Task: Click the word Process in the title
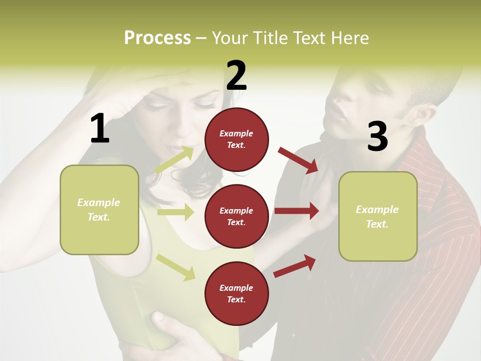[x=157, y=38]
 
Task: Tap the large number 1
[x=100, y=128]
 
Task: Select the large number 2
[x=236, y=76]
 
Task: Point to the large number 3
[x=377, y=137]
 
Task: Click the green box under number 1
[x=99, y=210]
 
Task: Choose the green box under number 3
[x=378, y=217]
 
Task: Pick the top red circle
[x=236, y=139]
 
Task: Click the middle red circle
[x=236, y=216]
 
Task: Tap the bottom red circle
[x=236, y=293]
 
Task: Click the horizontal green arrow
[x=175, y=212]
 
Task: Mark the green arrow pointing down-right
[x=175, y=267]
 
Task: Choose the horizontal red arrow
[x=297, y=211]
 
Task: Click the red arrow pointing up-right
[x=295, y=266]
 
